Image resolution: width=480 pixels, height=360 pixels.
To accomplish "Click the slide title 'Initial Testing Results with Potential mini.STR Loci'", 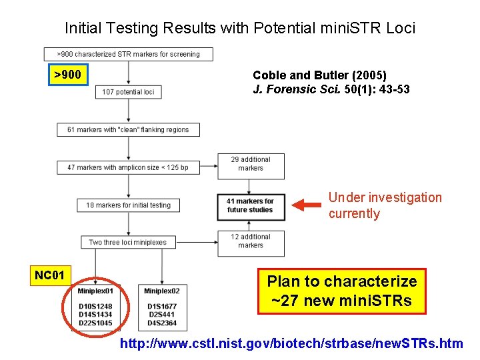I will point(239,28).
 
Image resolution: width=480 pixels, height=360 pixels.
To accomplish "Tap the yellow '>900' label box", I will point(67,75).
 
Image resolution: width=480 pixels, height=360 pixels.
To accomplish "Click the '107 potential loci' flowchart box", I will point(128,91).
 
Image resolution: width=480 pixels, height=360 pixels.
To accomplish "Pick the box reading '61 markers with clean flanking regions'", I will point(128,129).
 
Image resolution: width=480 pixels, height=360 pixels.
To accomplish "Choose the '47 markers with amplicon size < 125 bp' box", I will point(128,167).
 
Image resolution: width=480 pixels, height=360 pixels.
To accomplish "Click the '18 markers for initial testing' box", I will point(128,205).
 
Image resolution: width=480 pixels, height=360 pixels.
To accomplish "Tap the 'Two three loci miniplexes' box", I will point(128,242).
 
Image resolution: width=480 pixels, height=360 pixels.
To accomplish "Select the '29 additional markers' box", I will point(251,164).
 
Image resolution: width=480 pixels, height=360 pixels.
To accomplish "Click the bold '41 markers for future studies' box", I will point(251,205).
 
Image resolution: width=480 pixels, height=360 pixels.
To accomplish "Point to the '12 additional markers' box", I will point(251,241).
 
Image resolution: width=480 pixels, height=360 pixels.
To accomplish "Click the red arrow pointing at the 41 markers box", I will point(307,205).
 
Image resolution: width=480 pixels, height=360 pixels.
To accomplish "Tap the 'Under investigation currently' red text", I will point(384,205).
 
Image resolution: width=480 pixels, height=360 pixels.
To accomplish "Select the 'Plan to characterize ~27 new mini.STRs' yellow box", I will point(341,291).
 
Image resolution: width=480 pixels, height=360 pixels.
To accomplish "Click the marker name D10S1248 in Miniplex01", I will point(95,306).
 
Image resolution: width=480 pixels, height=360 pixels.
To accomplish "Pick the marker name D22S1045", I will point(95,323).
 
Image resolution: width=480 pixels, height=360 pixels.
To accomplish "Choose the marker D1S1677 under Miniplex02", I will point(162,306).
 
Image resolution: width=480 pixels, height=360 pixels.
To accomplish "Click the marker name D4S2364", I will point(162,323).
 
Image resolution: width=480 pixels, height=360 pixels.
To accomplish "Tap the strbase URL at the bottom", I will point(291,344).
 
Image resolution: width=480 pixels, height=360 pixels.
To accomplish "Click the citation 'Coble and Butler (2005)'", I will point(319,75).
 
